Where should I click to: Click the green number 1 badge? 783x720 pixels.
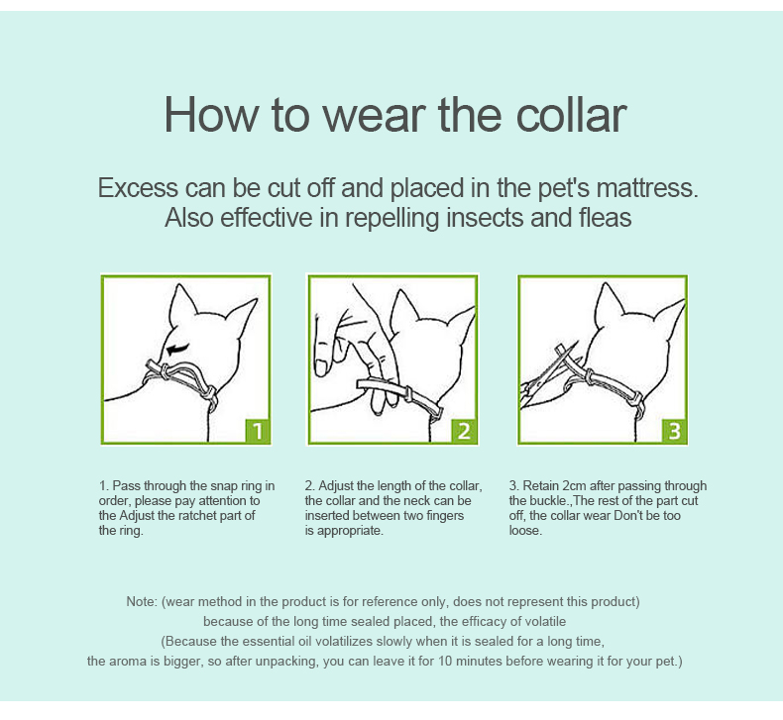(258, 431)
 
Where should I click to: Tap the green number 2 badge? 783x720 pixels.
(464, 431)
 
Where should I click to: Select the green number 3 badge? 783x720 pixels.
(674, 431)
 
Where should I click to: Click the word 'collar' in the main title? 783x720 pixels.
(571, 115)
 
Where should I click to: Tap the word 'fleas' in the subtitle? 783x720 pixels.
(606, 218)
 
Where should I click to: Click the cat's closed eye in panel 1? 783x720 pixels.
(177, 349)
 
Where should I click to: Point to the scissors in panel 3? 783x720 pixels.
(548, 376)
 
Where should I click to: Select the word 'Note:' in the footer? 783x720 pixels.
(143, 602)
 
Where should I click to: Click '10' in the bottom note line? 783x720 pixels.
(445, 662)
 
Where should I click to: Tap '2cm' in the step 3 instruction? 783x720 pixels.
(574, 486)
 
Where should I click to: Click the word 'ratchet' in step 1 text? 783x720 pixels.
(197, 515)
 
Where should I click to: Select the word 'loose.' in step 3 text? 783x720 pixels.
(525, 531)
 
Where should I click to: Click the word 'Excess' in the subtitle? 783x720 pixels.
(138, 188)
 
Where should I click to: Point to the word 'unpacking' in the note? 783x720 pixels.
(282, 663)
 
